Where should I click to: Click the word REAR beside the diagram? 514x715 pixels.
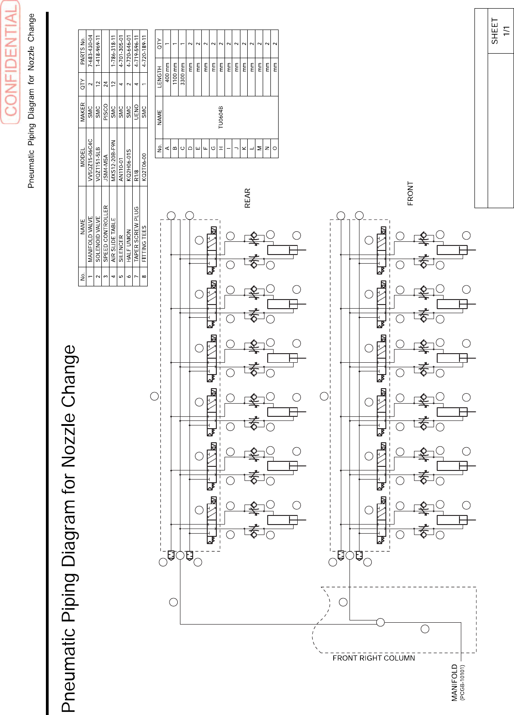tap(247, 198)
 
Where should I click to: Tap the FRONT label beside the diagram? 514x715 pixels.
tap(410, 194)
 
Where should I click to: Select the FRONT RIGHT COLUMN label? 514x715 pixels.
tap(374, 658)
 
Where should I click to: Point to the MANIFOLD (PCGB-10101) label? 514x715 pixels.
tap(458, 682)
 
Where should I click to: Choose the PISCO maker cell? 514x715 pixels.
tap(105, 112)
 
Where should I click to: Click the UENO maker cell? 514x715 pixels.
tap(136, 112)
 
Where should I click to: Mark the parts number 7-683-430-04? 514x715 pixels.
tap(90, 50)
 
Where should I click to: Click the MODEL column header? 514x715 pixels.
tap(82, 157)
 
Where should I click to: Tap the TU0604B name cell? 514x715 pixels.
tap(220, 117)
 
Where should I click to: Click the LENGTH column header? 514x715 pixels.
tap(159, 77)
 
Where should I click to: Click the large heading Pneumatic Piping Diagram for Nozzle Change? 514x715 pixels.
tap(69, 527)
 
